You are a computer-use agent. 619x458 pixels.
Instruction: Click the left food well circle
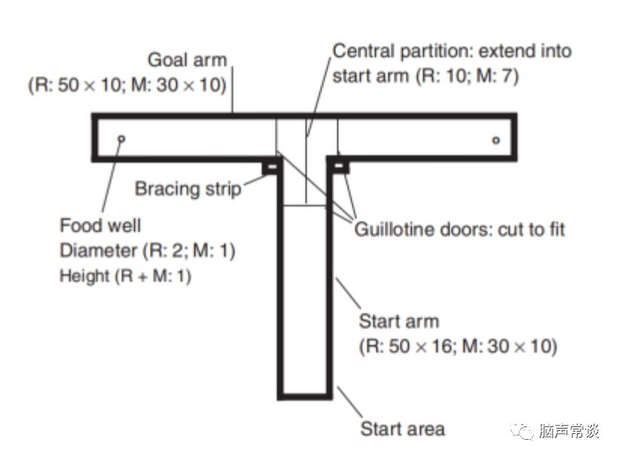coord(122,139)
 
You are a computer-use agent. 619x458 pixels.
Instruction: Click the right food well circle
coord(495,139)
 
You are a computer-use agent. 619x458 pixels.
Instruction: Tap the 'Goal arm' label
coord(187,60)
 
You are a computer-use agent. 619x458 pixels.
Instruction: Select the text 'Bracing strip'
coord(188,188)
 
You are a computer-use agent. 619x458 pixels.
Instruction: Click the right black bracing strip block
coord(340,165)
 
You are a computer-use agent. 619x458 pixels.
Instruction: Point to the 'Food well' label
coord(100,225)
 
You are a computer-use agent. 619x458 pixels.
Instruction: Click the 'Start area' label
coord(402,429)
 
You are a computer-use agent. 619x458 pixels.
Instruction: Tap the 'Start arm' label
coord(398,322)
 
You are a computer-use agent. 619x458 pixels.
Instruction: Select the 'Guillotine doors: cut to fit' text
coord(459,229)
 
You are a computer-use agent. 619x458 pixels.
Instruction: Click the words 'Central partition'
coord(395,51)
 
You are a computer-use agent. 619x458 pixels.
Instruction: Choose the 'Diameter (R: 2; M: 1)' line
coord(148,250)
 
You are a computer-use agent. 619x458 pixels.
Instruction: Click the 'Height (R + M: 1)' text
coord(125,276)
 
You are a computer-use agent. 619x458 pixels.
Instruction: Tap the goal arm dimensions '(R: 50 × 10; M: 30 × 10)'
coord(127,84)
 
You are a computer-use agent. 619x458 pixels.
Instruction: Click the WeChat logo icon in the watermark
coord(521,431)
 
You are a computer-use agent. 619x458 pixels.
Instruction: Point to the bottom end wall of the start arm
coord(304,395)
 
